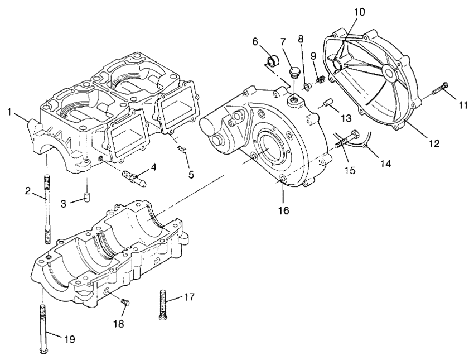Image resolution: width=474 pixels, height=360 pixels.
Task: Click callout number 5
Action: pos(191,175)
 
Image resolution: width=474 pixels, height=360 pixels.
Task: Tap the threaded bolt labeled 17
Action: pos(162,304)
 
